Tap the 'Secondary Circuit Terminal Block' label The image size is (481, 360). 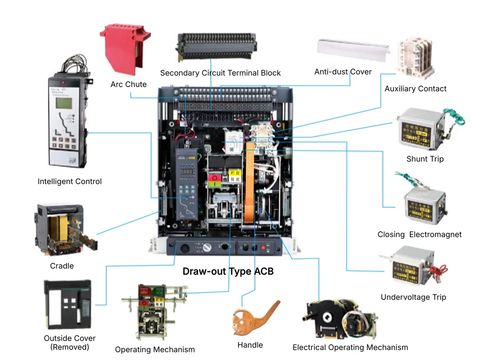[x=220, y=73]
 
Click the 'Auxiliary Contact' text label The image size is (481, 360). [x=416, y=88]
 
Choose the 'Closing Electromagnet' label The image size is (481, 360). [x=419, y=235]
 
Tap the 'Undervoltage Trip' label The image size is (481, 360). [x=413, y=297]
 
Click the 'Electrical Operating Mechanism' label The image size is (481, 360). [x=350, y=347]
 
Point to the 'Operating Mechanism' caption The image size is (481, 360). [x=155, y=349]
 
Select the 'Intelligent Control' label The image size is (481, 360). [x=70, y=182]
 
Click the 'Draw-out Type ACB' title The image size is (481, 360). [x=228, y=272]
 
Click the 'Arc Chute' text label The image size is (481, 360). [x=128, y=85]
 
